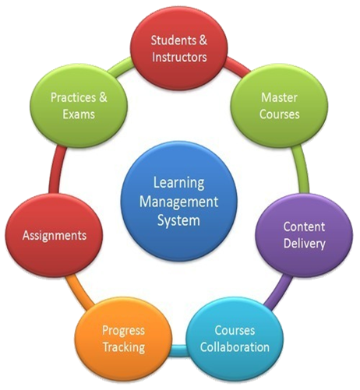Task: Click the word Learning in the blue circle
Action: pyautogui.click(x=178, y=184)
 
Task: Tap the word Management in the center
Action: pyautogui.click(x=178, y=202)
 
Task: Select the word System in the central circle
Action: pyautogui.click(x=178, y=221)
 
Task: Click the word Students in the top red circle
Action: pyautogui.click(x=171, y=40)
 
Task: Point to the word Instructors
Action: pyautogui.click(x=179, y=57)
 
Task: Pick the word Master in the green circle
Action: pyautogui.click(x=279, y=97)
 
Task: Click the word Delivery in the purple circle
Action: pyautogui.click(x=305, y=244)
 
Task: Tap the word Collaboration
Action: pyautogui.click(x=235, y=347)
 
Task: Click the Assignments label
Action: pyautogui.click(x=55, y=236)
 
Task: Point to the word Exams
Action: pyautogui.click(x=79, y=114)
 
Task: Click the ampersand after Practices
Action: pyautogui.click(x=103, y=97)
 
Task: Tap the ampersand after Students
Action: pyautogui.click(x=203, y=40)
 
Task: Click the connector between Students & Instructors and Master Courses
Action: pyautogui.click(x=237, y=66)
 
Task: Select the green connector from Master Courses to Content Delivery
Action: pyautogui.click(x=302, y=169)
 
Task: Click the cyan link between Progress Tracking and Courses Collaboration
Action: pyautogui.click(x=179, y=350)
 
